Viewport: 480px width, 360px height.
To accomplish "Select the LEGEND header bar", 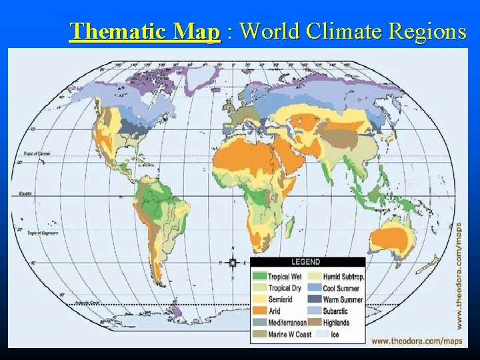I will [307, 262].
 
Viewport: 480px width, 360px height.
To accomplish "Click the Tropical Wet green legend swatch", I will [259, 277].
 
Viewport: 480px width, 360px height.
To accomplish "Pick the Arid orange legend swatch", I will [259, 311].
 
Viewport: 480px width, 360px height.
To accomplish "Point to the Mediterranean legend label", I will [288, 323].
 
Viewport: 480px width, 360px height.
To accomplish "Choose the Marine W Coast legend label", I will [289, 334].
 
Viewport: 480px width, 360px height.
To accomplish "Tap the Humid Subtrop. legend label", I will [343, 277].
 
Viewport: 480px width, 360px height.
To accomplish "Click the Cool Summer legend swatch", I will [315, 288].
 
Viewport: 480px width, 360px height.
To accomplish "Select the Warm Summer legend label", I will [343, 300].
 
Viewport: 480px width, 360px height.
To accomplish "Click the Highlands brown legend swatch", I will [315, 323].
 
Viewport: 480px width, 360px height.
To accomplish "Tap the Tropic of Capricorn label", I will [42, 233].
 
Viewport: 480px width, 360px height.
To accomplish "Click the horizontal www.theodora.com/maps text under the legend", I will [417, 341].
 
